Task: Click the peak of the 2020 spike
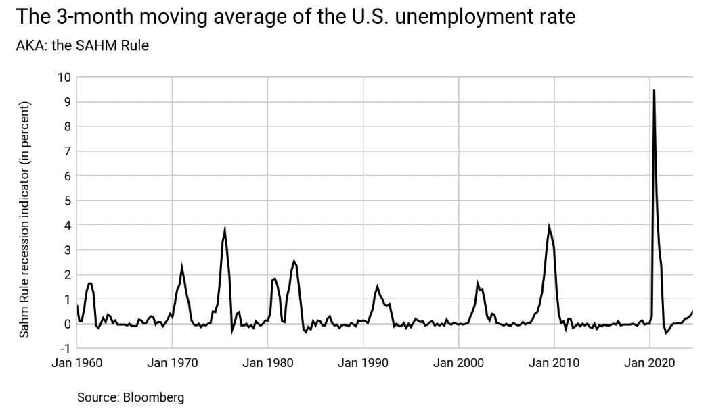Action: pyautogui.click(x=654, y=90)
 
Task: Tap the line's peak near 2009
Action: pyautogui.click(x=549, y=227)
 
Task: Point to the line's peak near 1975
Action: pyautogui.click(x=225, y=228)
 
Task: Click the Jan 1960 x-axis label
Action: pyautogui.click(x=77, y=363)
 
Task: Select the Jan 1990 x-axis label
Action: pyautogui.click(x=364, y=363)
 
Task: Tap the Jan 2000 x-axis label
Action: pyautogui.click(x=460, y=363)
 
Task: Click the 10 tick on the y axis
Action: pyautogui.click(x=64, y=77)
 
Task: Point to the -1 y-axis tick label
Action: pyautogui.click(x=65, y=348)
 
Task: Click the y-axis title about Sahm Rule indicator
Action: pyautogui.click(x=24, y=219)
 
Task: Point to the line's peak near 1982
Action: pyautogui.click(x=294, y=261)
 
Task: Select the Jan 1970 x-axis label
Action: pyautogui.click(x=173, y=363)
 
